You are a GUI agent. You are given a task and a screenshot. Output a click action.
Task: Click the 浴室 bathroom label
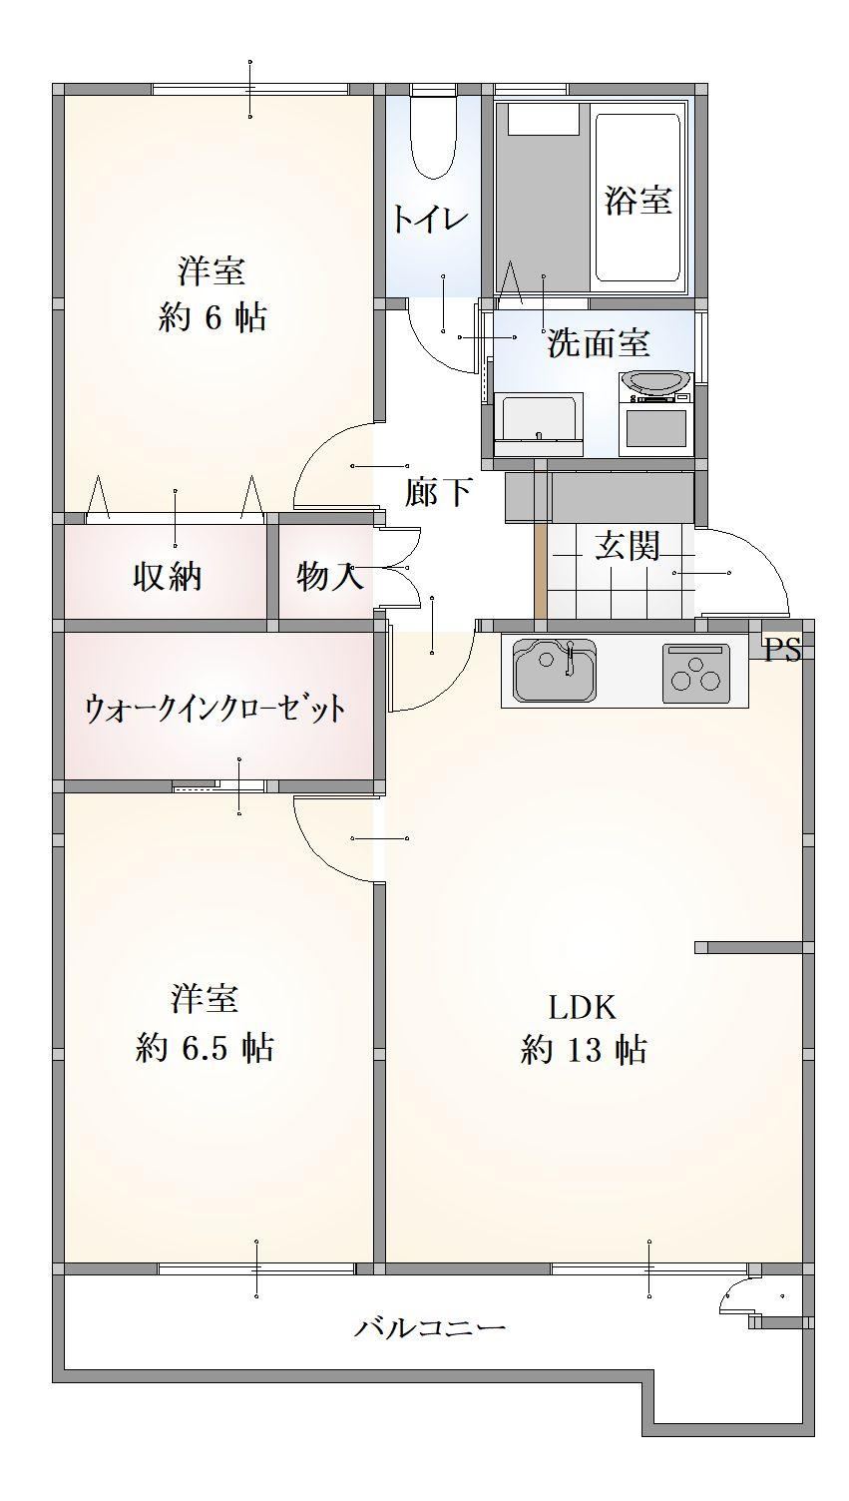point(637,201)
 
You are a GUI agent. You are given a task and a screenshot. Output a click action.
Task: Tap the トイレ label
point(429,219)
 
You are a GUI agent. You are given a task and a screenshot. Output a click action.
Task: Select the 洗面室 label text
point(598,343)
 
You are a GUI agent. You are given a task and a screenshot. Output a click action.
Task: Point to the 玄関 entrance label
point(628,546)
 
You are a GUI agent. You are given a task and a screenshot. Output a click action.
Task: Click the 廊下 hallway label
point(439,492)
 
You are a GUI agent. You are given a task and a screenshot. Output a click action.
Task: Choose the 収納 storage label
point(168,576)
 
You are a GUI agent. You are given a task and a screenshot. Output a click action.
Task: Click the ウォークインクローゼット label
point(215,709)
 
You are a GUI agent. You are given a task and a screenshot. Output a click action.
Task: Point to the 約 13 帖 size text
point(583,1050)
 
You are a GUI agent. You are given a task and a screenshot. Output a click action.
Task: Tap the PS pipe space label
point(783,652)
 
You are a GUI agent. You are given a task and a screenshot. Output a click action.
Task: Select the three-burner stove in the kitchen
point(694,670)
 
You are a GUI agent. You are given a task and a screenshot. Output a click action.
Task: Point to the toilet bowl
point(433,139)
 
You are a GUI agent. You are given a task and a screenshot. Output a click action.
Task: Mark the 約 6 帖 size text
point(212,318)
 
